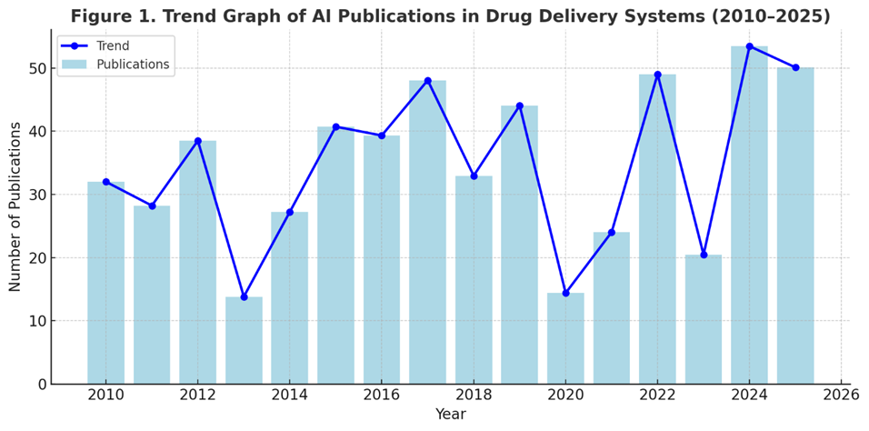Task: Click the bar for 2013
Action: (244, 340)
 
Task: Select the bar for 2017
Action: (427, 232)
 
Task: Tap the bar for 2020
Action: (565, 338)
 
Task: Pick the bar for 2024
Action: (749, 215)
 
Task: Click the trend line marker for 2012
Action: (197, 141)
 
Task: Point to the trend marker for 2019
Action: (519, 105)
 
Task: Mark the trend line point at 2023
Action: (704, 255)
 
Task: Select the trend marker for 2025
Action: (795, 67)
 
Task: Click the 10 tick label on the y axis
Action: (36, 321)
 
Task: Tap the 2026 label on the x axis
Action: (841, 396)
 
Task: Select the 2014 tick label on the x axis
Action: (289, 396)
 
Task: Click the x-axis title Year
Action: (450, 415)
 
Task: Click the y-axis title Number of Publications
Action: (15, 207)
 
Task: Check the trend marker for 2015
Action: (335, 126)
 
